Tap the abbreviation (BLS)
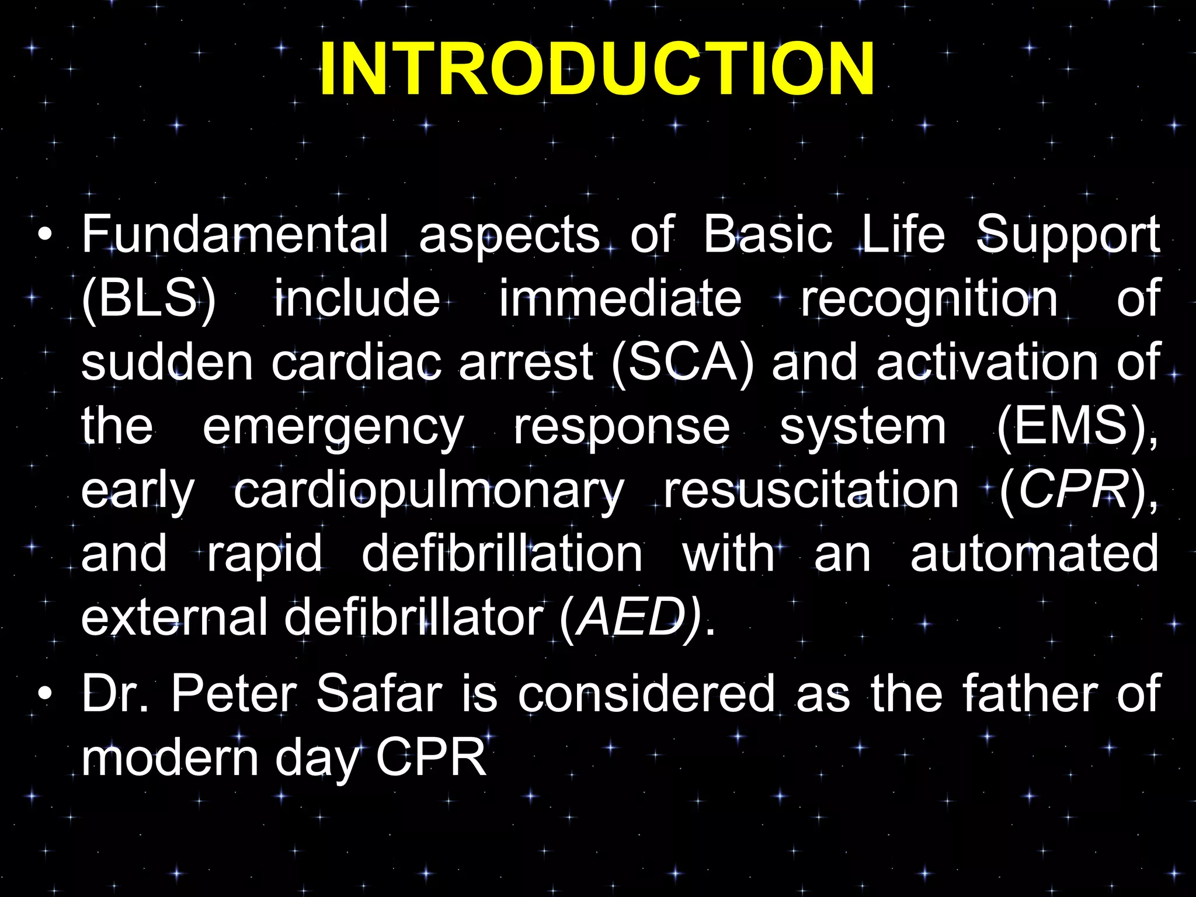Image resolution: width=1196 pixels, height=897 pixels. click(149, 299)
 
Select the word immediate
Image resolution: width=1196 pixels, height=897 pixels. click(620, 299)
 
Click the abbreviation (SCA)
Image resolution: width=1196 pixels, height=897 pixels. click(683, 363)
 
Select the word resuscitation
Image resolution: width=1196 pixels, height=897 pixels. click(811, 491)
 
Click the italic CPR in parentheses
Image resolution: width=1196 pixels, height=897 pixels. click(1073, 491)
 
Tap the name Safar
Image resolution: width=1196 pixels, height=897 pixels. click(378, 694)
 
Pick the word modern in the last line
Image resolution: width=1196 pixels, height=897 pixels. click(169, 758)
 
